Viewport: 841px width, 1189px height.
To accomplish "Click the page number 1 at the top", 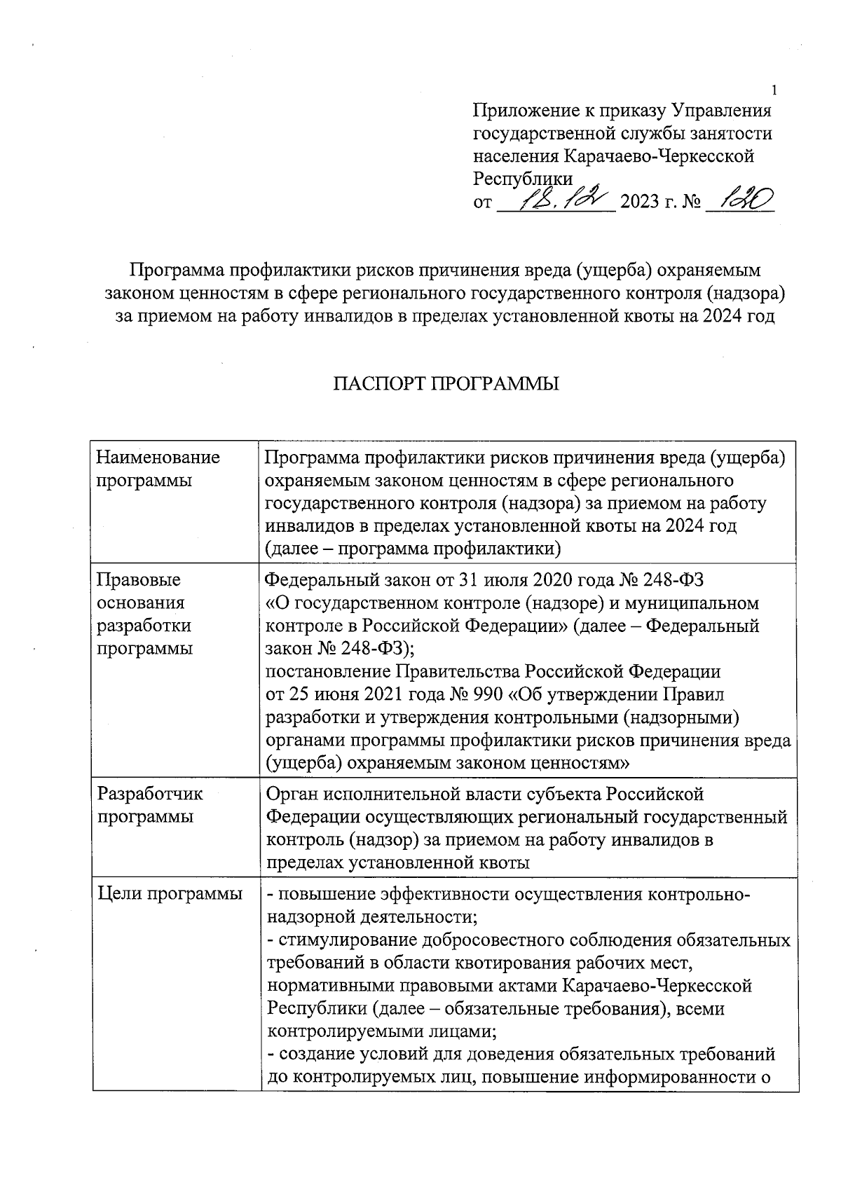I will [x=774, y=90].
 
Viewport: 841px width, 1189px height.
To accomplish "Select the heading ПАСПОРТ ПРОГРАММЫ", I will [x=446, y=384].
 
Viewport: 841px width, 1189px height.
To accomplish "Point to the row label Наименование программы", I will [x=158, y=469].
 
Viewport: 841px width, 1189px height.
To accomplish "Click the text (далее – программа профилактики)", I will [x=413, y=549].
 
